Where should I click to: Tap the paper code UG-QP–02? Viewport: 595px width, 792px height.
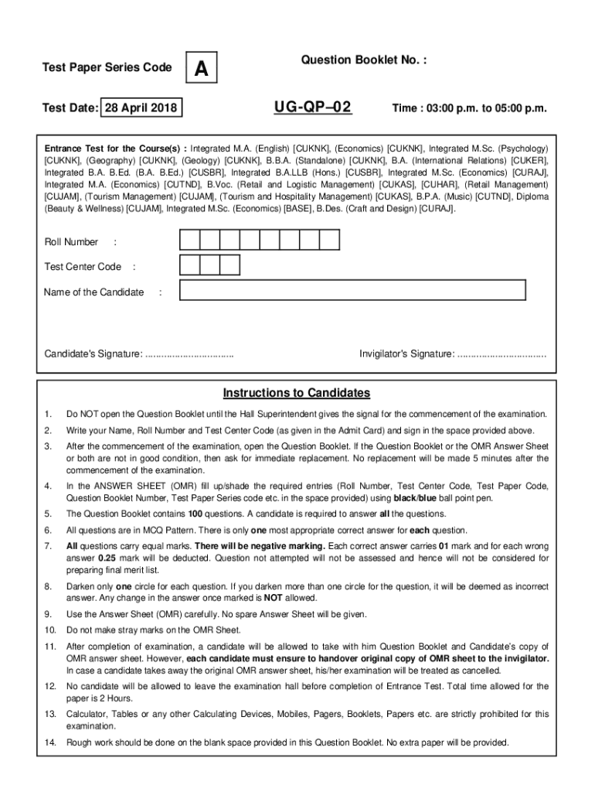pyautogui.click(x=312, y=107)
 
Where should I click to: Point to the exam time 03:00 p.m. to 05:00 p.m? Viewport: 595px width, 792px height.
pyautogui.click(x=468, y=109)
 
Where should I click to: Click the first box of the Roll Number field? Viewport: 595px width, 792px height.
pyautogui.click(x=189, y=241)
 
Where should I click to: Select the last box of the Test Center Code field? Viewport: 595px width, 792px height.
pyautogui.click(x=229, y=266)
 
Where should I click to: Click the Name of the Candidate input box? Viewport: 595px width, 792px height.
pyautogui.click(x=352, y=291)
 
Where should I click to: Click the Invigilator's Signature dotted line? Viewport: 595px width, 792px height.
pyautogui.click(x=501, y=354)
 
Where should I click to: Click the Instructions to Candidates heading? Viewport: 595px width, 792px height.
pyautogui.click(x=297, y=393)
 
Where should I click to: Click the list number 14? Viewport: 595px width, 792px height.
pyautogui.click(x=51, y=742)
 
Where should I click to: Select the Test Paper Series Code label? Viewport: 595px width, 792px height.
pyautogui.click(x=107, y=68)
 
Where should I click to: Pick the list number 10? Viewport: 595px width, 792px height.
pyautogui.click(x=51, y=630)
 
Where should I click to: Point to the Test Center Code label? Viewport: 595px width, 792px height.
pyautogui.click(x=83, y=267)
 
